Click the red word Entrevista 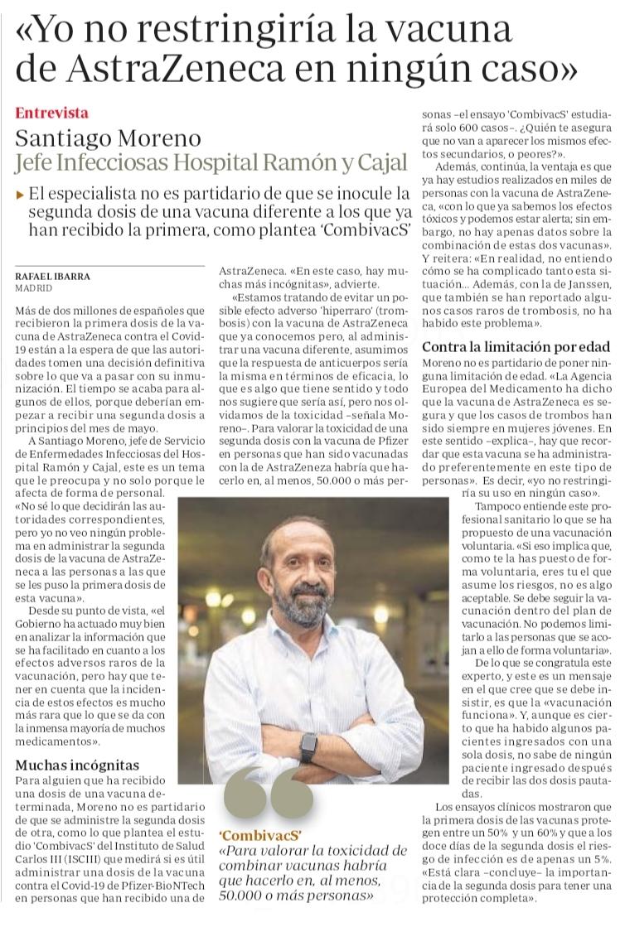click(x=51, y=113)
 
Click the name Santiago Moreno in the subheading click(x=108, y=138)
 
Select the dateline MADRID click(x=34, y=287)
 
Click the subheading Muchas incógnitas click(x=77, y=765)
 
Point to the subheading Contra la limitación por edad click(x=516, y=347)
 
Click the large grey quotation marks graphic click(x=267, y=794)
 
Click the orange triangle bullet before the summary click(x=20, y=195)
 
